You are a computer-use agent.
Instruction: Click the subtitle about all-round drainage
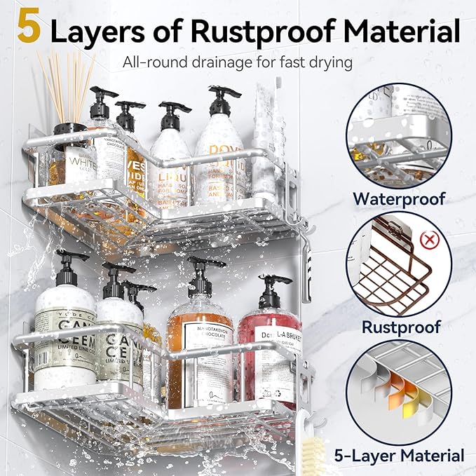click(238, 62)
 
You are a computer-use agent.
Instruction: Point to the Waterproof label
click(399, 198)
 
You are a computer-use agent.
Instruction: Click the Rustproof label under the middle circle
click(400, 327)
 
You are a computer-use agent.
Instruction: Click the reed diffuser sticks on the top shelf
click(67, 84)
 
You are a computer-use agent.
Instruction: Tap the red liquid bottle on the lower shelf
click(270, 351)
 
